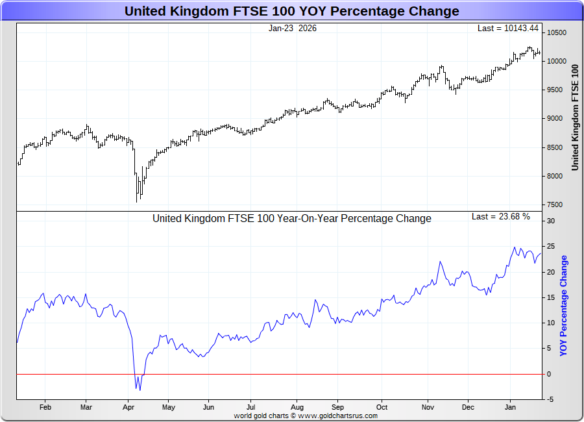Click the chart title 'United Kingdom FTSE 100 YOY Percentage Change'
point(291,11)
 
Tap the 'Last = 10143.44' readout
point(508,28)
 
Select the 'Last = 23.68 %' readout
point(500,216)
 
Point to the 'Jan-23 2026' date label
point(293,28)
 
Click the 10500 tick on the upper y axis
point(557,32)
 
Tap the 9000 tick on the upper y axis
point(555,118)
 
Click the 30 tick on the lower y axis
point(551,221)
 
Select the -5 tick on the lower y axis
point(550,399)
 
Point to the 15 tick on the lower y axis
point(551,297)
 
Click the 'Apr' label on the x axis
point(128,407)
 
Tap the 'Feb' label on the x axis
point(45,407)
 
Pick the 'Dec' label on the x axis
point(468,407)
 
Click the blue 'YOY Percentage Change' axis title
point(563,305)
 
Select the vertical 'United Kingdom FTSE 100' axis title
point(574,117)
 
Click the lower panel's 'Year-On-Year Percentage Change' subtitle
point(291,219)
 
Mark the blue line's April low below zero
point(140,390)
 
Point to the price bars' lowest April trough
point(137,201)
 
